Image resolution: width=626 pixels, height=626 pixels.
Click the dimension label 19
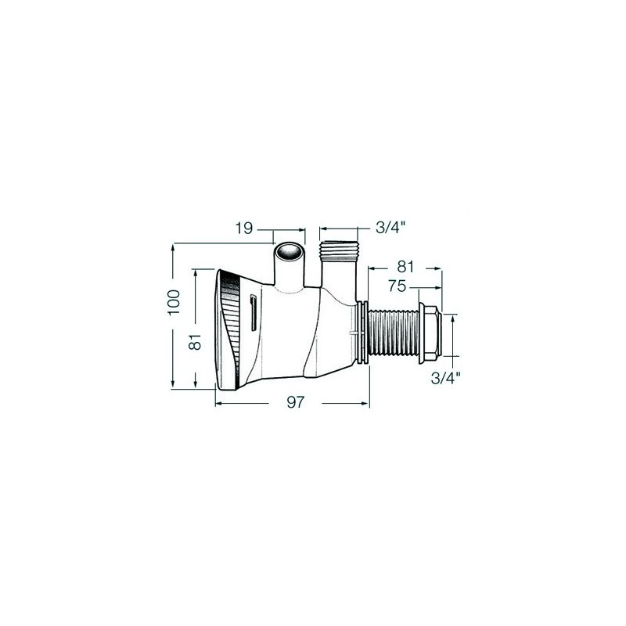pyautogui.click(x=244, y=228)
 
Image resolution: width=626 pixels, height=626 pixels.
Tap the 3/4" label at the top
pyautogui.click(x=390, y=228)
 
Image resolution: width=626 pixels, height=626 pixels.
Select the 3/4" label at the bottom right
pyautogui.click(x=445, y=377)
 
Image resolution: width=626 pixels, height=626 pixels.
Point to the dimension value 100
pyautogui.click(x=174, y=302)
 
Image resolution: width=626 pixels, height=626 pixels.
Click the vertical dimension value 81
pyautogui.click(x=195, y=342)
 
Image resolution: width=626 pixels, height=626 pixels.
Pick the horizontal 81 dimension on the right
pyautogui.click(x=405, y=267)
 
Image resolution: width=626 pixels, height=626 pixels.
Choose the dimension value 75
pyautogui.click(x=397, y=286)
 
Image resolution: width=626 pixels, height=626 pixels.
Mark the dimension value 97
pyautogui.click(x=296, y=402)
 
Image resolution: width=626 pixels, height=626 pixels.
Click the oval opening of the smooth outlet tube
pyautogui.click(x=289, y=252)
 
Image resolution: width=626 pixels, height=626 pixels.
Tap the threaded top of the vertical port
pyautogui.click(x=339, y=250)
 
